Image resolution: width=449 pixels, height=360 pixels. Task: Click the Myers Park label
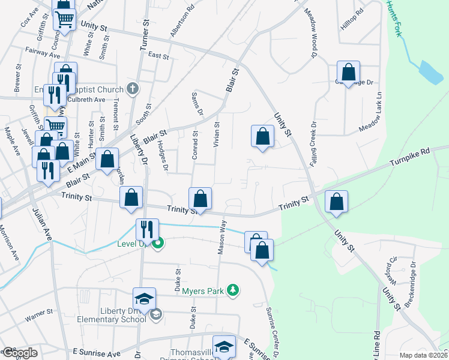click(202, 291)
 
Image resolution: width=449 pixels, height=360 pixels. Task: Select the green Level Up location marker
click(157, 244)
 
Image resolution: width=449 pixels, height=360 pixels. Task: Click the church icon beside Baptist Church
click(133, 89)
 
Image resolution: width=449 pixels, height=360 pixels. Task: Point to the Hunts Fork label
click(394, 18)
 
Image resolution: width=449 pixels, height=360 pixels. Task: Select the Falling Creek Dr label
click(313, 144)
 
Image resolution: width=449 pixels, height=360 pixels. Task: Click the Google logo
click(19, 353)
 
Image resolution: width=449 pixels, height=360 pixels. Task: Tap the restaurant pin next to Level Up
click(146, 229)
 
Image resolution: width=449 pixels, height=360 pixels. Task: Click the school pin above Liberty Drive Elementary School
click(145, 299)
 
